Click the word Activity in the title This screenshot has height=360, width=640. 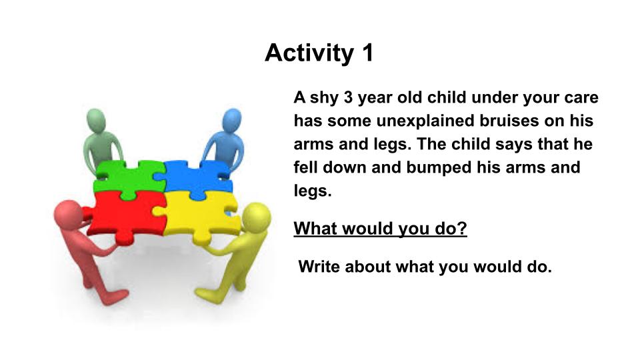click(309, 53)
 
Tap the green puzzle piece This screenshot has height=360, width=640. click(128, 179)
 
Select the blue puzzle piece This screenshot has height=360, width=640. click(197, 179)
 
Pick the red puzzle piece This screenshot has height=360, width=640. click(125, 216)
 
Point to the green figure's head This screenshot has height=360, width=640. click(97, 120)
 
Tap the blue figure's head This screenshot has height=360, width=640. click(231, 120)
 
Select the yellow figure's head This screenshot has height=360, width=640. click(256, 217)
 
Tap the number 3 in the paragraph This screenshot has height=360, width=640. click(348, 97)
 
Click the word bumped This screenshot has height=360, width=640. click(433, 168)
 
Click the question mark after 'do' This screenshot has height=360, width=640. click(463, 228)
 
